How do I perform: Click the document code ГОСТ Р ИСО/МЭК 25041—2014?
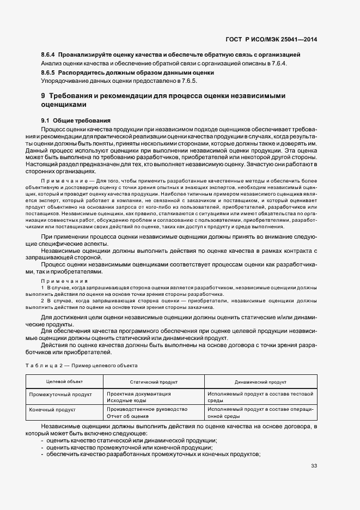coord(271,39)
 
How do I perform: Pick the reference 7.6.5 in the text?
coord(188,81)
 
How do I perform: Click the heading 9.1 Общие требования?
coord(76,120)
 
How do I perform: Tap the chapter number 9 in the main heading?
coord(43,96)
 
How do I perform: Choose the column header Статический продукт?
coord(154,382)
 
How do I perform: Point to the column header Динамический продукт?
coord(260,382)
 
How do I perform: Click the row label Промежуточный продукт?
coord(60,393)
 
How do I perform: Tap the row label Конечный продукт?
coord(52,409)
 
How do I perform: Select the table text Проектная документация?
coord(139,393)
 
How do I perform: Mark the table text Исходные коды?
coord(126,400)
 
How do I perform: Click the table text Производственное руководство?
coord(147,409)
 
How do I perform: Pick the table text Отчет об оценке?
coord(128,416)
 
